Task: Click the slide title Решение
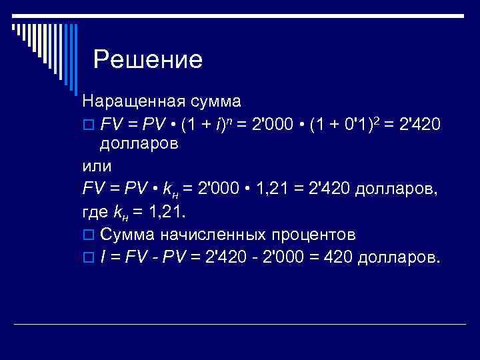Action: point(147,61)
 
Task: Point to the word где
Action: point(96,212)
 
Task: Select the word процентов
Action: point(313,235)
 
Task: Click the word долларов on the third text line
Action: point(139,144)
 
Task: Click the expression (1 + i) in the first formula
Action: point(207,124)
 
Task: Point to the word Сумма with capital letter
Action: point(127,235)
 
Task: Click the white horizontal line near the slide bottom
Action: point(273,324)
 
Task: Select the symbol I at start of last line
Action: point(103,257)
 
